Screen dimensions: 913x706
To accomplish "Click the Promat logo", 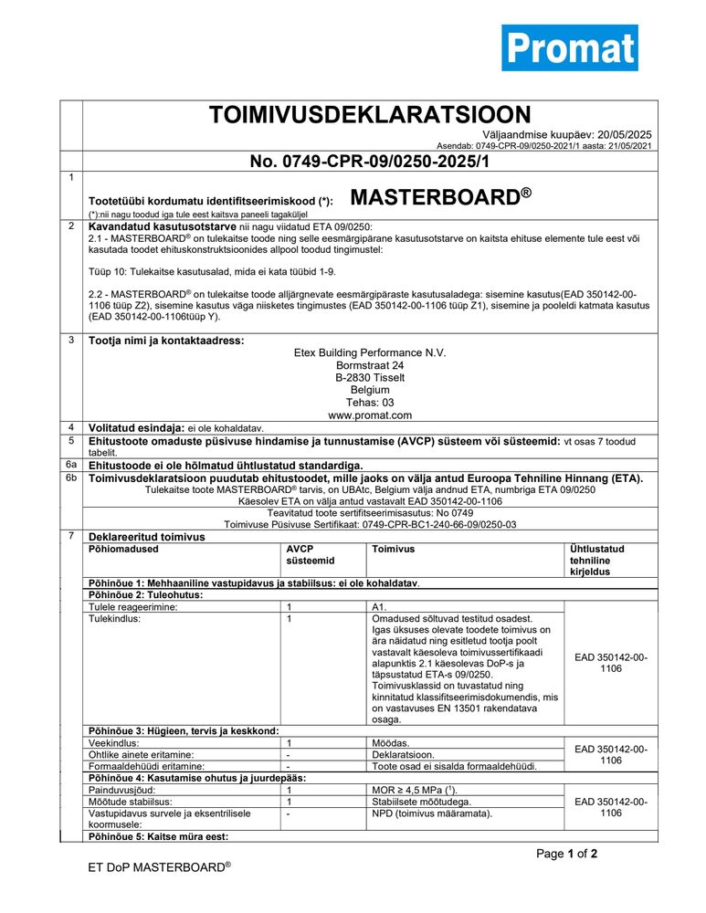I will [x=569, y=47].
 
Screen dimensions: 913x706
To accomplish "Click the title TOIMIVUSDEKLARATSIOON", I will [x=370, y=115].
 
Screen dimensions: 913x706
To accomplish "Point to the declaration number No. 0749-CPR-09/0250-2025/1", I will [x=370, y=162].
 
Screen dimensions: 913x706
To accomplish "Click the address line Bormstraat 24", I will [x=370, y=365].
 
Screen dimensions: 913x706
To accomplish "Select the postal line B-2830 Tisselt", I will [x=370, y=377].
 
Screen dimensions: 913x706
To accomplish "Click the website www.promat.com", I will [x=370, y=415].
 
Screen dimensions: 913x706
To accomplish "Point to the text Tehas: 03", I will [x=370, y=402].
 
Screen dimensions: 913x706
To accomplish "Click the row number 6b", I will [x=71, y=477].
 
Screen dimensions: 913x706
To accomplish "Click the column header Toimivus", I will [x=394, y=549].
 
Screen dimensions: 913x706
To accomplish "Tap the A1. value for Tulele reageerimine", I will [x=380, y=606].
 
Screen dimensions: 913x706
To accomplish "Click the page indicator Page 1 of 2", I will [x=566, y=855].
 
